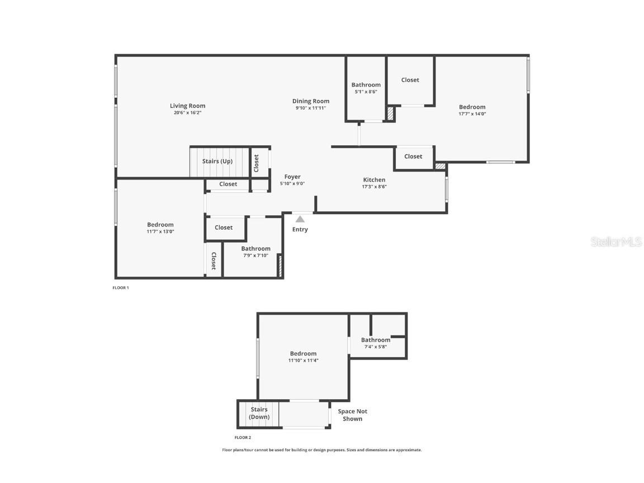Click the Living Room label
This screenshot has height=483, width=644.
point(187,106)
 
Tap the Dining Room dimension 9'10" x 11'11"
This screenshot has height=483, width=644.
point(310,108)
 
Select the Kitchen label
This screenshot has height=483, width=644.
point(374,180)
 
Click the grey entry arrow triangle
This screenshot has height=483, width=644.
point(300,219)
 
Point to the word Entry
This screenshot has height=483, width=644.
point(300,229)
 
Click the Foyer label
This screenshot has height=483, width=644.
point(292,177)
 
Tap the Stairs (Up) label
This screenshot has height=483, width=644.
point(217,162)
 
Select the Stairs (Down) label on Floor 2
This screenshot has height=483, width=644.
point(259,413)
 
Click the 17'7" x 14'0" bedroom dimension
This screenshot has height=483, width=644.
point(472,113)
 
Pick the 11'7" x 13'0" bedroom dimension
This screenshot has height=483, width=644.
point(160,231)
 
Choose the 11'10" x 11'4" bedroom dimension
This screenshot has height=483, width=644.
point(303,360)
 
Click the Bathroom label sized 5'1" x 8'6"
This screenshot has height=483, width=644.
point(366,85)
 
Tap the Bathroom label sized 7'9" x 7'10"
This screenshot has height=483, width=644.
point(255,249)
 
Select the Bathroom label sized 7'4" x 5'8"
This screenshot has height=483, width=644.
point(375,340)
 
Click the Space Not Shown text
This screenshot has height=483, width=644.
point(353,415)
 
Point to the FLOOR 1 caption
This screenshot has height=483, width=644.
point(121,288)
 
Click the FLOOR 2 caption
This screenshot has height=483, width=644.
point(243,438)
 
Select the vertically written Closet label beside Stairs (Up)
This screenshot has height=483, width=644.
point(256,163)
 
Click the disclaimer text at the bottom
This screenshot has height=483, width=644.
point(322,450)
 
